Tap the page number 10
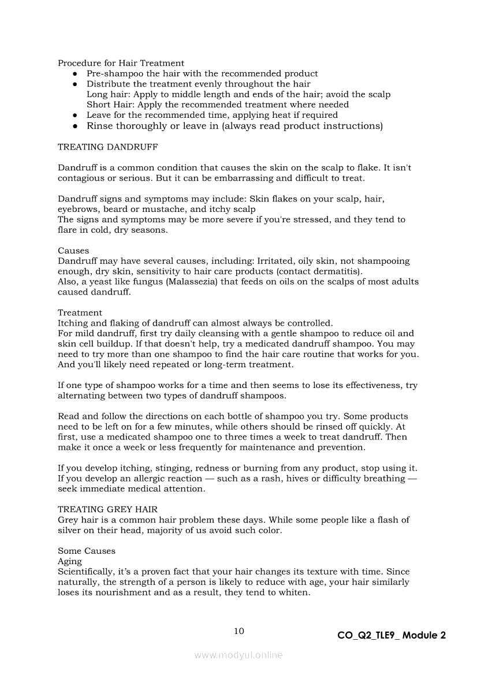[x=238, y=631]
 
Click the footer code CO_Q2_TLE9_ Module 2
[x=392, y=636]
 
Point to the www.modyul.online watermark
[x=238, y=655]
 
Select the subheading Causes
[x=73, y=251]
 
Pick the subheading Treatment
[x=80, y=313]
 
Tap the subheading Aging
[x=70, y=561]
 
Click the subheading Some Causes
[x=87, y=551]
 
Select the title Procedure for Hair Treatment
[x=121, y=63]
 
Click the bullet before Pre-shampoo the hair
[x=75, y=74]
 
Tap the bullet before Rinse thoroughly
[x=75, y=126]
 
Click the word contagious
[x=81, y=178]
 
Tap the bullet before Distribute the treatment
[x=75, y=84]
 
